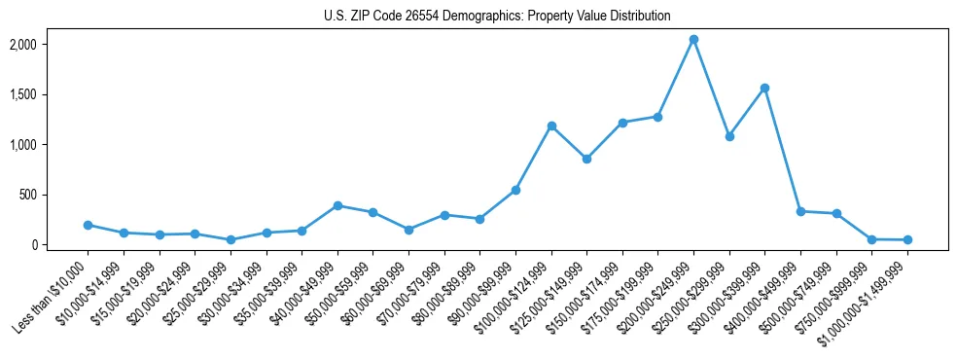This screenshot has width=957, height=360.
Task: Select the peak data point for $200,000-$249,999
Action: click(x=693, y=40)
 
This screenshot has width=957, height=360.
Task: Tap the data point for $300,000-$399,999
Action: click(x=765, y=89)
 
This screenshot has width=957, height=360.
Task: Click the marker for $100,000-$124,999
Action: click(x=551, y=126)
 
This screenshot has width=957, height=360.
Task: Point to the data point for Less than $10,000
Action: click(x=88, y=225)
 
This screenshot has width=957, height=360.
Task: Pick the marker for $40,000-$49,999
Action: click(x=337, y=205)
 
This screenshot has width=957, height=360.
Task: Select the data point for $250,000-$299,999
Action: click(x=729, y=136)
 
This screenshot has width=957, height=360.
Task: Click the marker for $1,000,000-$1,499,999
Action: click(x=907, y=239)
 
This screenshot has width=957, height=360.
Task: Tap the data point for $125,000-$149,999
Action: click(x=586, y=159)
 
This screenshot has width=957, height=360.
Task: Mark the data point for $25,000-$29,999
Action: click(x=230, y=239)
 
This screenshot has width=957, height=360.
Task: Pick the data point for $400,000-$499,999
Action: click(x=800, y=211)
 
